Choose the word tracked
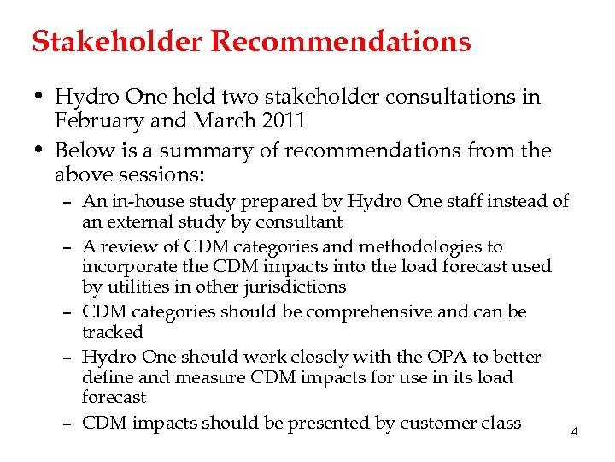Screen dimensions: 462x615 113,332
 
